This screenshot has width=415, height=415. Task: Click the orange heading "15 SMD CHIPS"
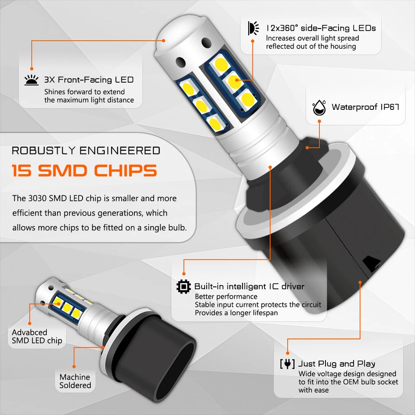point(84,170)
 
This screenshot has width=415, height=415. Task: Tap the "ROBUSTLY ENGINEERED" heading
point(86,150)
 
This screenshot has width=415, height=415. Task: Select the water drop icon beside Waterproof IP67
point(319,108)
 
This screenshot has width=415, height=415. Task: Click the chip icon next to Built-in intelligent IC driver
point(183,287)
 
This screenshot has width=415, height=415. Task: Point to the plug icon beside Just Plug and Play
point(287,364)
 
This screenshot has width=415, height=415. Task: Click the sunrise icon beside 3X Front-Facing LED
point(31,80)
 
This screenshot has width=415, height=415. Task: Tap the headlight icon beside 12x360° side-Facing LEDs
point(253,28)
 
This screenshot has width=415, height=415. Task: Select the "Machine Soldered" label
point(75,381)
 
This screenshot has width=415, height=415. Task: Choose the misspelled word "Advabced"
point(29,332)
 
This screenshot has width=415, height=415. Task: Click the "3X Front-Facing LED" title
point(89,80)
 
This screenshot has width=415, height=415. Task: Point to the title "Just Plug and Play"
point(337,364)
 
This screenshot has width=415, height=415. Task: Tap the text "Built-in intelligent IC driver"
point(249,287)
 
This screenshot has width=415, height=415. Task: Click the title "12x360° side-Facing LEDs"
point(321,28)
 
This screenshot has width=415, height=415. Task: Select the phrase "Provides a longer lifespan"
point(236,313)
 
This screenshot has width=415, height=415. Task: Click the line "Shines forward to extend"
point(84,92)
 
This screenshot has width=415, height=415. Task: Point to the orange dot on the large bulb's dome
point(164,41)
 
